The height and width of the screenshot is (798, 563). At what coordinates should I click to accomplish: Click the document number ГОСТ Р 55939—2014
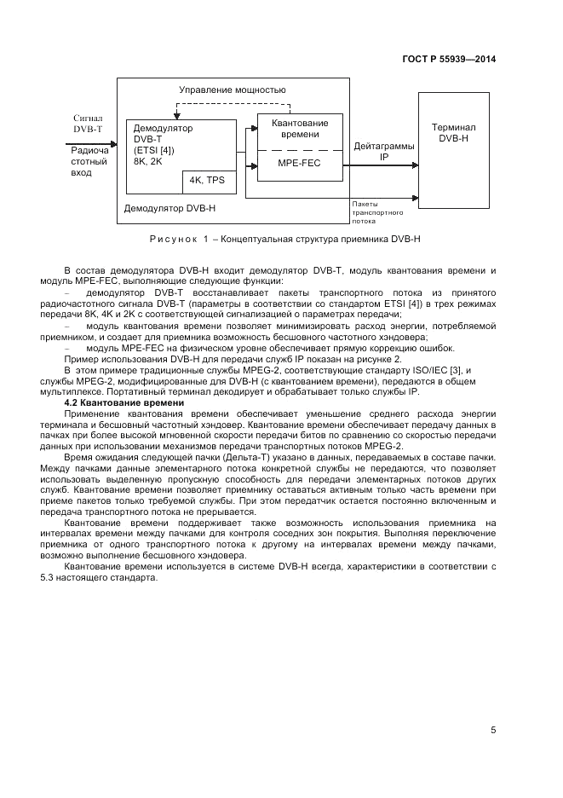coord(448,59)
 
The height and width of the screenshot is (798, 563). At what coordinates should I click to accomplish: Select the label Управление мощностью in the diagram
coord(233,90)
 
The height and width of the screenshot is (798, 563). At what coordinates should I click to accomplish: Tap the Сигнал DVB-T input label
coord(89,124)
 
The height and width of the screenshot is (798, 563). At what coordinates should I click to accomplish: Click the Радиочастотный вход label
coord(89,160)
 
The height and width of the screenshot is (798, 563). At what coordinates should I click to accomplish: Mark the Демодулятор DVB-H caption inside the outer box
coord(170,207)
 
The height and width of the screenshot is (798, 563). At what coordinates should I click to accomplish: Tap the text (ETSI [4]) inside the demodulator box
coord(154,151)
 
